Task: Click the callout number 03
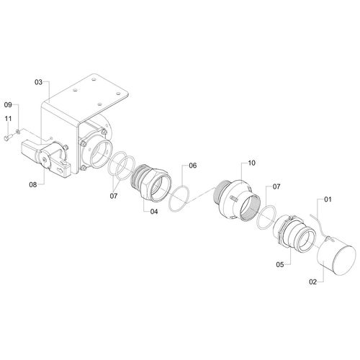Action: (x=38, y=82)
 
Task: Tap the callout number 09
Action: (x=8, y=105)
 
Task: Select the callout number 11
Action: (x=8, y=119)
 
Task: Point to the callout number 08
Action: (x=33, y=184)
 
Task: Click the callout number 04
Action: (x=154, y=212)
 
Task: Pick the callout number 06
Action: (x=192, y=166)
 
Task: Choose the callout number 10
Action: (x=251, y=163)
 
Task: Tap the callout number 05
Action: (x=280, y=265)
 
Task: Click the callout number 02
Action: (x=312, y=282)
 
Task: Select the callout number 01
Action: (x=328, y=199)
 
